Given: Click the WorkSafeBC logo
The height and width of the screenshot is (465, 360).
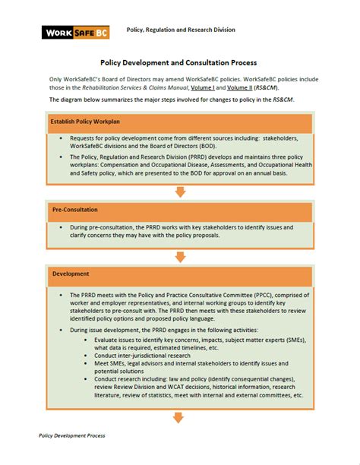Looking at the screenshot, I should (75, 32).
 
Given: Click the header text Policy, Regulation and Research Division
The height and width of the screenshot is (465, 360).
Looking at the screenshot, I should (180, 30).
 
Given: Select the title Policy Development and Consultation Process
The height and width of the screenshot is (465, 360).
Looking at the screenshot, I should (179, 62).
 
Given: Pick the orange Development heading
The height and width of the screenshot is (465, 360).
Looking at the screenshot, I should (71, 273).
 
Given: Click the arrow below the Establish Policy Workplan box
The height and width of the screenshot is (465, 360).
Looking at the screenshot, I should (180, 191).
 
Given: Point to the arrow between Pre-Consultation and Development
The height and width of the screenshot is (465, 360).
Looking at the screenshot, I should (180, 256).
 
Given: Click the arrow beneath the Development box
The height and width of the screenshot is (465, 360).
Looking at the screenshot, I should (180, 417).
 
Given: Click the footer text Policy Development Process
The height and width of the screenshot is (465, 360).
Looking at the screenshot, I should (72, 435).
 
